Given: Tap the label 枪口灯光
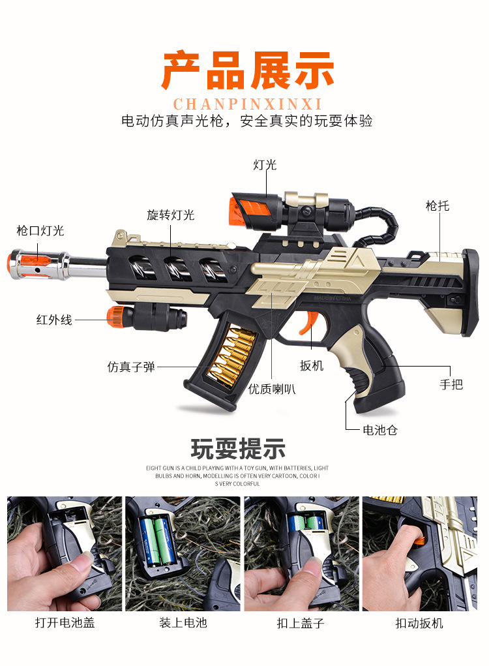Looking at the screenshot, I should pyautogui.click(x=40, y=231).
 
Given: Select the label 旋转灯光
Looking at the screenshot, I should pyautogui.click(x=170, y=215).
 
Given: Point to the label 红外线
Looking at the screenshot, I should pyautogui.click(x=53, y=320).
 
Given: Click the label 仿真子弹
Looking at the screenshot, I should pyautogui.click(x=131, y=367).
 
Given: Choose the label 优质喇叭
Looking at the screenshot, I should pyautogui.click(x=272, y=389).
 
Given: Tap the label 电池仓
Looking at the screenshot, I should pyautogui.click(x=380, y=430).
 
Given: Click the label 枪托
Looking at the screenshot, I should pyautogui.click(x=437, y=206).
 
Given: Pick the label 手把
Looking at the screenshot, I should pyautogui.click(x=451, y=384).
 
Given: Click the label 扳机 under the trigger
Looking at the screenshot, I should pyautogui.click(x=312, y=365).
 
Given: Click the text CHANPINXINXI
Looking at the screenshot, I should pyautogui.click(x=248, y=104).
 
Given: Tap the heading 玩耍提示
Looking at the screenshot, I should pyautogui.click(x=238, y=449).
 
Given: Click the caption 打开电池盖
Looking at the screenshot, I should pyautogui.click(x=65, y=623).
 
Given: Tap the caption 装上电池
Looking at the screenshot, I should pyautogui.click(x=183, y=623).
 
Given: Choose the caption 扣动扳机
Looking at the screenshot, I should pyautogui.click(x=419, y=623).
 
